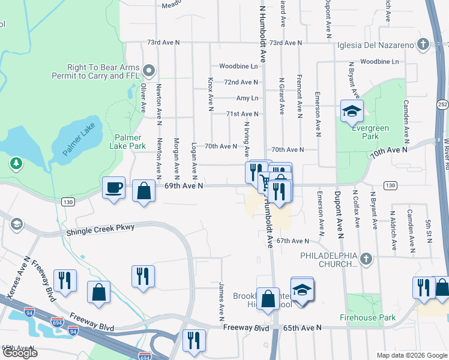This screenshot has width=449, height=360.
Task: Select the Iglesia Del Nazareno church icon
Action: pyautogui.click(x=423, y=44)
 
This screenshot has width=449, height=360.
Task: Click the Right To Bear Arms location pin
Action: pyautogui.click(x=150, y=71)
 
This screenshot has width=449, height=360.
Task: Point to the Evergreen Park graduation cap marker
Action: pyautogui.click(x=352, y=111)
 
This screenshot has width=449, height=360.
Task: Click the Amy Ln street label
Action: pyautogui.click(x=247, y=98)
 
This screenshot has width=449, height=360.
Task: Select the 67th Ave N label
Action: pyautogui.click(x=292, y=241)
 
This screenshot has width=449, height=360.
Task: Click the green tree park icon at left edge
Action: pyautogui.click(x=16, y=163)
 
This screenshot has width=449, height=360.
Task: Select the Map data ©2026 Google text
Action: pyautogui.click(x=411, y=355)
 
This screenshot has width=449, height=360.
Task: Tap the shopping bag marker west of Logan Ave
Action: pyautogui.click(x=143, y=192)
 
